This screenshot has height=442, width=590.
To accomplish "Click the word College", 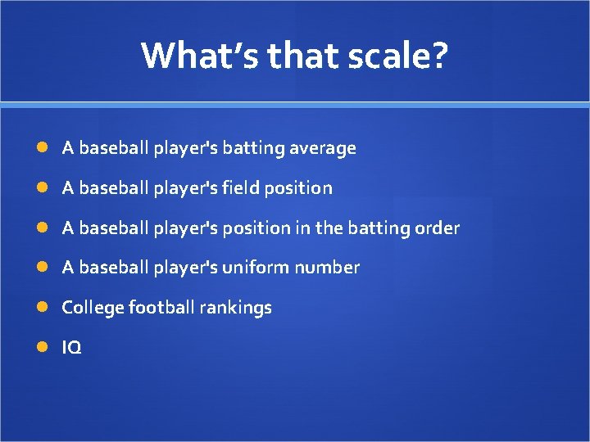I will [93, 308].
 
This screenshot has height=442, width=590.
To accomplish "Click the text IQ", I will [71, 348].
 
